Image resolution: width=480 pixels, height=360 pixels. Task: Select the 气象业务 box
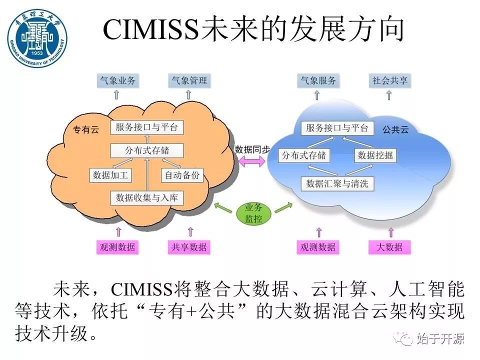click(117, 80)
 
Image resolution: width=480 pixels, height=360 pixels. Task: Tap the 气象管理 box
click(189, 80)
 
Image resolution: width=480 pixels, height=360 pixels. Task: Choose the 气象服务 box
click(317, 80)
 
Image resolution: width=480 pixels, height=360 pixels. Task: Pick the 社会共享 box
click(390, 80)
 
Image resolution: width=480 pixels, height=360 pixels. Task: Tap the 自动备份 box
click(182, 175)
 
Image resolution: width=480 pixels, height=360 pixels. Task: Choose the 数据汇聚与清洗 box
click(337, 183)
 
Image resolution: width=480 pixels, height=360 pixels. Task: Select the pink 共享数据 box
click(189, 247)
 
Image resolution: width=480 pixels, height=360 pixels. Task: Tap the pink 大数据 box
click(389, 247)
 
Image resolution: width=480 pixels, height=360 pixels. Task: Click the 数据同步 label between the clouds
click(252, 149)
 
